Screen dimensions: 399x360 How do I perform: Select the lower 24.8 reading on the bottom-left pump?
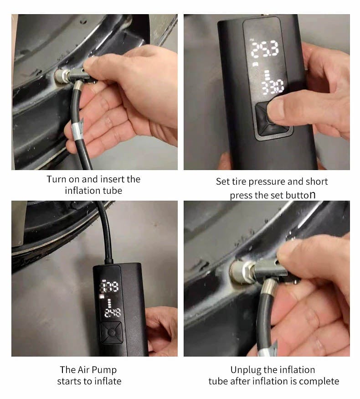[112, 313]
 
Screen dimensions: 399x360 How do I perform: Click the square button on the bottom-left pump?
[111, 332]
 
